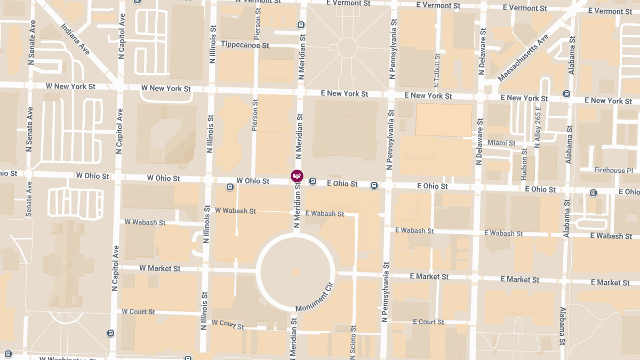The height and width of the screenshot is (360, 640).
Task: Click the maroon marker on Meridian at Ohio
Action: (297, 175)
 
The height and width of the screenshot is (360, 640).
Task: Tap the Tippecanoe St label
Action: (245, 45)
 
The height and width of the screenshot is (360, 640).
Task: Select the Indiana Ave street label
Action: (75, 38)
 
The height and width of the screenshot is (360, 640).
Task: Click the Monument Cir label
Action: (314, 298)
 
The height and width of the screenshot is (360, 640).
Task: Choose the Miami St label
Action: (501, 143)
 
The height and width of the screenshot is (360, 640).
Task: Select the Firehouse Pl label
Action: (614, 170)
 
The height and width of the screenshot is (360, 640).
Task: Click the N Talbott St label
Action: (437, 71)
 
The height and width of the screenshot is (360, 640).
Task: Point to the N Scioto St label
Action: (353, 341)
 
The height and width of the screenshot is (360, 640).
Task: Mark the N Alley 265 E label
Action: (538, 126)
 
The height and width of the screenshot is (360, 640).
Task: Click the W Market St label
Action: (160, 268)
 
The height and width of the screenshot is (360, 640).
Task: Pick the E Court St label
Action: (428, 322)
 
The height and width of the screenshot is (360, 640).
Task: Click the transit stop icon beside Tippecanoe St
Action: (301, 25)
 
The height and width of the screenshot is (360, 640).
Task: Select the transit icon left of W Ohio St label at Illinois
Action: (230, 187)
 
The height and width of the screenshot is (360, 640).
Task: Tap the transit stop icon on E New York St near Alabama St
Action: (566, 94)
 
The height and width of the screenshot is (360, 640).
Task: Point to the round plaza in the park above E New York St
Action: (347, 47)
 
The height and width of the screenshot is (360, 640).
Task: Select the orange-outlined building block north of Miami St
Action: (444, 120)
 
